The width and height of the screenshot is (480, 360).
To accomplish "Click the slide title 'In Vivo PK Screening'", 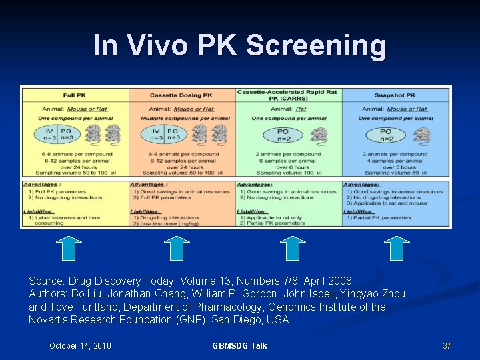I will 239,45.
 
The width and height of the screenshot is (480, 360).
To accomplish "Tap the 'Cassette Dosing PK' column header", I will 182,95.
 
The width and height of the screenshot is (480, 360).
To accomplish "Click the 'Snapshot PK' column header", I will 394,95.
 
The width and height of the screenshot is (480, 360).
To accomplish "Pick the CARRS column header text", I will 289,95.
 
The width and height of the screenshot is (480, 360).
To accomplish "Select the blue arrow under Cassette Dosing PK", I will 177,248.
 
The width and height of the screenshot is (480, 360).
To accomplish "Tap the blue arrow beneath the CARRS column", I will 291,248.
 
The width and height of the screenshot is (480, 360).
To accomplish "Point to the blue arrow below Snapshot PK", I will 397,248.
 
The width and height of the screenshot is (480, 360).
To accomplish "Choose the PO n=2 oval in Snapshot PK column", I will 385,135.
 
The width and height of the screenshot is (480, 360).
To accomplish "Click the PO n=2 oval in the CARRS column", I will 283,135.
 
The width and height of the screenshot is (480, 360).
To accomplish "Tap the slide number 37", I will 447,345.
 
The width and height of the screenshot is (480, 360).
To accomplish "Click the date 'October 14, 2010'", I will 80,345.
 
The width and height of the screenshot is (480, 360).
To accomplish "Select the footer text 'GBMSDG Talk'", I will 239,345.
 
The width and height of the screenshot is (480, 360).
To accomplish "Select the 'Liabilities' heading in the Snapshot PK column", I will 359,211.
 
